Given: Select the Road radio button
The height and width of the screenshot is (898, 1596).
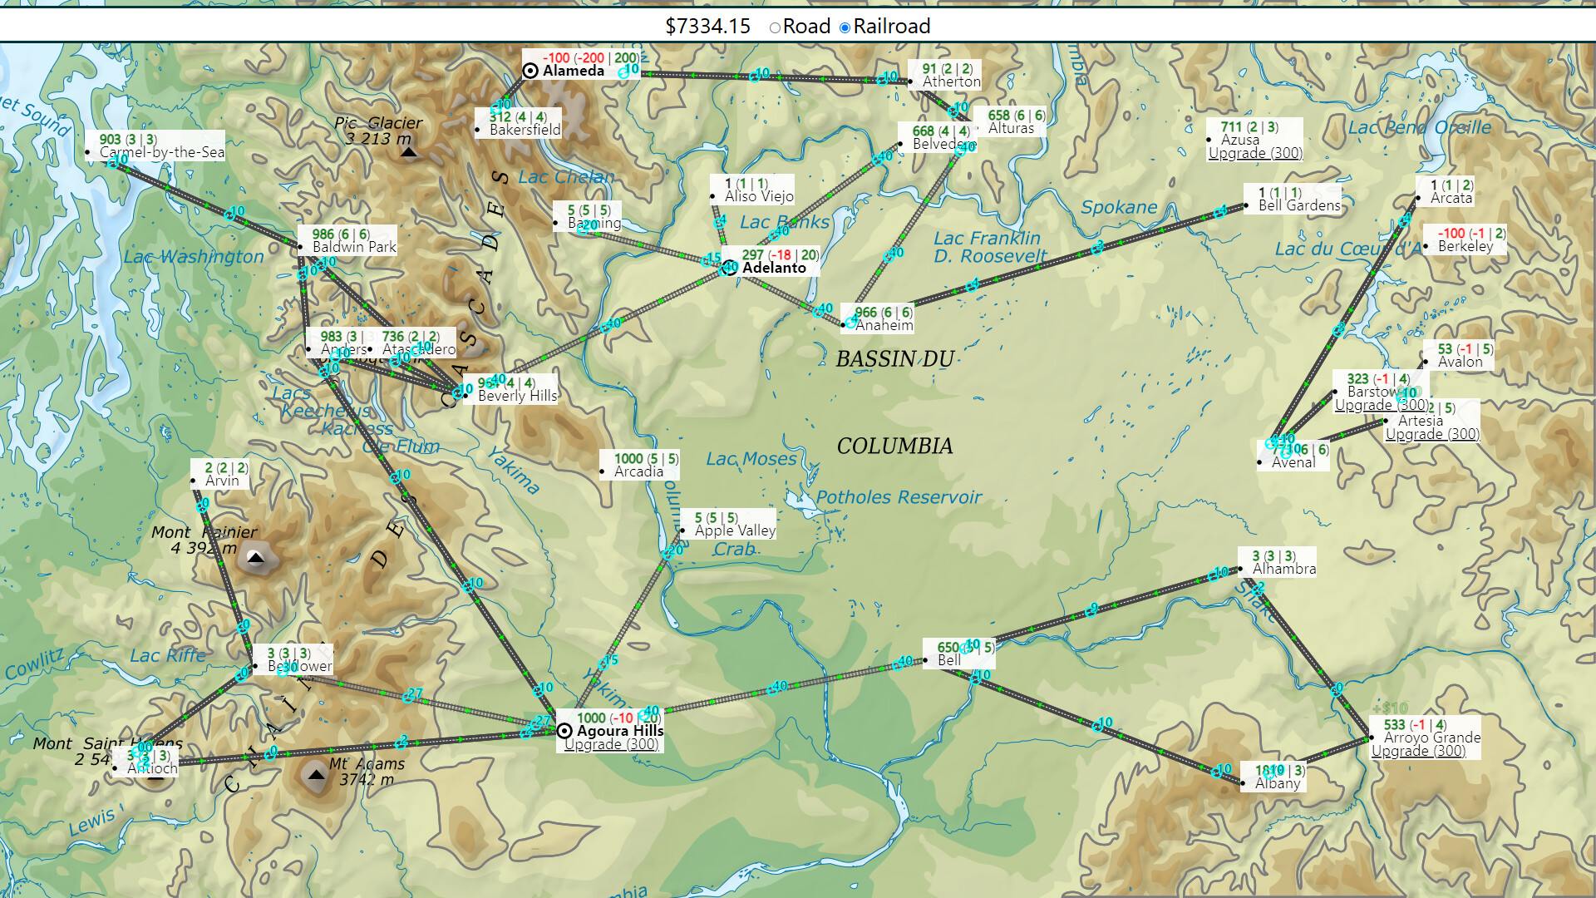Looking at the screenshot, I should tap(775, 27).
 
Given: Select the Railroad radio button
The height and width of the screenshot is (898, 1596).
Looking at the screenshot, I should tap(845, 27).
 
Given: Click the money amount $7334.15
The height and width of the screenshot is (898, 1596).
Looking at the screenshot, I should tap(707, 27).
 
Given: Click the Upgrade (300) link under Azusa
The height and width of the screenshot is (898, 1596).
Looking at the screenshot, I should tap(1255, 153).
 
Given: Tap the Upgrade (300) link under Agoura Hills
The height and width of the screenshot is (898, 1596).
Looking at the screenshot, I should tap(611, 744).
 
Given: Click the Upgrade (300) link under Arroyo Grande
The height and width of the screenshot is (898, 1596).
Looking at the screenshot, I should tap(1418, 751).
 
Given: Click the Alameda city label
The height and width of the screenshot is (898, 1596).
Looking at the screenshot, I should tap(573, 72).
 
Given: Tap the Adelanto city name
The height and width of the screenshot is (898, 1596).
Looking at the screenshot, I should tap(773, 268).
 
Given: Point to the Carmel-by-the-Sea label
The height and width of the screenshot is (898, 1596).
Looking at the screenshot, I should tap(161, 152).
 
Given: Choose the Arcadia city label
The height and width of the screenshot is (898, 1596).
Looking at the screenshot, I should tap(638, 471).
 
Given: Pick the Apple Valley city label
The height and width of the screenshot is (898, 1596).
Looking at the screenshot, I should tap(735, 530).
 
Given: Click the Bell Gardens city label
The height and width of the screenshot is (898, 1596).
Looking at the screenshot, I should tap(1298, 205).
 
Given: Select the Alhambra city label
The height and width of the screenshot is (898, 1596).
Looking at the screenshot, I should tap(1283, 569).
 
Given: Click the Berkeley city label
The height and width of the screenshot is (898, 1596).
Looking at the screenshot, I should tap(1465, 246).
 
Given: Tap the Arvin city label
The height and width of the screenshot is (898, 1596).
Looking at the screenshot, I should tap(222, 481).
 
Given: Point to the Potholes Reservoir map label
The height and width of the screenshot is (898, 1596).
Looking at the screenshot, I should tap(898, 497).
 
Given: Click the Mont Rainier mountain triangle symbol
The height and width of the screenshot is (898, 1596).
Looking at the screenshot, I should tap(256, 557).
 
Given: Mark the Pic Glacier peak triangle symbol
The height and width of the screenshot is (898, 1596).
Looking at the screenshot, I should tap(408, 152).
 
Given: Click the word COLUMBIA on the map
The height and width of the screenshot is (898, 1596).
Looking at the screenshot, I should tap(894, 447).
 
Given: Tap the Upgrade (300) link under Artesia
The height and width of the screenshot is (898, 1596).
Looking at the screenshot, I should tap(1432, 434).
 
